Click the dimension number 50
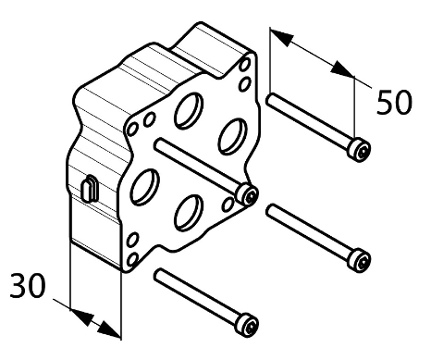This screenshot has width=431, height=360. [x=394, y=102]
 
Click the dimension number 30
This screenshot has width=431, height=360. [x=28, y=286]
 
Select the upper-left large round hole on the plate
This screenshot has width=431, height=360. [x=189, y=110]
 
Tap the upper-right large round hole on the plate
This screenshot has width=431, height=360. [x=233, y=136]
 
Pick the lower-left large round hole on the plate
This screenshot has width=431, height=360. [x=145, y=187]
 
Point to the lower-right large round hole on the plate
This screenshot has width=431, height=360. [x=189, y=213]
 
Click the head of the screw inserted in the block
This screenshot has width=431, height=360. [x=247, y=194]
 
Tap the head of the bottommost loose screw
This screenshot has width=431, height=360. [x=246, y=325]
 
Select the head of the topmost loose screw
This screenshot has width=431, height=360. [x=359, y=150]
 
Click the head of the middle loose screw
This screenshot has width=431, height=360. [x=359, y=260]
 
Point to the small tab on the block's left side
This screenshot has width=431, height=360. [x=90, y=189]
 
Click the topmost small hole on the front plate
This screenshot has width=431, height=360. [x=245, y=65]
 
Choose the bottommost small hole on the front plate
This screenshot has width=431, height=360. [x=132, y=260]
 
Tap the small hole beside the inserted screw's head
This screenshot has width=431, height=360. [x=228, y=205]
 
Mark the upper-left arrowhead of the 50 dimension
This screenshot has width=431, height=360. [x=281, y=37]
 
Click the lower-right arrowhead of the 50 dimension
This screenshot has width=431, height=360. [x=342, y=68]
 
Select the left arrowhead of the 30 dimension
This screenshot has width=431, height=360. [x=82, y=317]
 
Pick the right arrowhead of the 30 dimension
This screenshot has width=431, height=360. [x=109, y=329]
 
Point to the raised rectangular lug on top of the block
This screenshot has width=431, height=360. [x=213, y=49]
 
